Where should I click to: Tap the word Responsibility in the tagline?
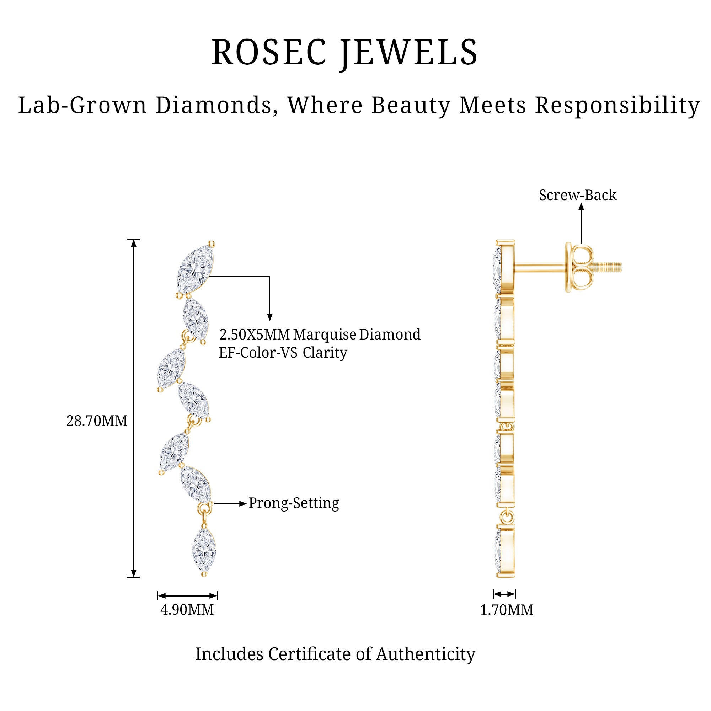point(617,105)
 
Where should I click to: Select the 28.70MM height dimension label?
point(97,421)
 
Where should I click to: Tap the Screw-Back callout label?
point(577,195)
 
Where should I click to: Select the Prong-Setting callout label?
point(294,503)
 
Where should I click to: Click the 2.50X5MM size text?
point(255,335)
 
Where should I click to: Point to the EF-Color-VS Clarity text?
point(283,353)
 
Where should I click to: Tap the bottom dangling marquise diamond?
point(204,551)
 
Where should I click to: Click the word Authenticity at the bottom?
point(426,654)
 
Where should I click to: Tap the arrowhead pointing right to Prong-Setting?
point(243,503)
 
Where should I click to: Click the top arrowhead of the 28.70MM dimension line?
point(134,242)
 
